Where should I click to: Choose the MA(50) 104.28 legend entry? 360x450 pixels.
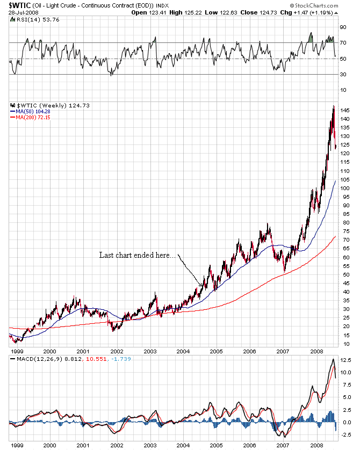click(30, 111)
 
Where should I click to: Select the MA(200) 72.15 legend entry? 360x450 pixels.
click(30, 117)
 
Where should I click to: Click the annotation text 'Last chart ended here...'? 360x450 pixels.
click(136, 255)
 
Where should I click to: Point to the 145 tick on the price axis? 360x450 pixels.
click(345, 110)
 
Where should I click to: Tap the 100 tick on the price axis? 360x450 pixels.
click(345, 188)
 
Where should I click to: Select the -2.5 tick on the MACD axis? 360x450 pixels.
click(345, 435)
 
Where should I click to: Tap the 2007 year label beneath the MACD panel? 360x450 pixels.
click(282, 445)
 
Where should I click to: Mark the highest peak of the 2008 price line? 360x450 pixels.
click(334, 106)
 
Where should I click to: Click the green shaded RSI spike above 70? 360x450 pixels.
click(311, 38)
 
